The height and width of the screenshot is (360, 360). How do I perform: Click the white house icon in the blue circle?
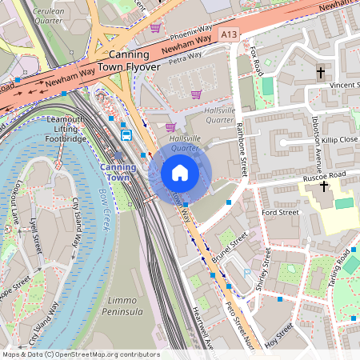pos(180,173)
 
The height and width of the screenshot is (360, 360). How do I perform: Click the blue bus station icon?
pos(126,134)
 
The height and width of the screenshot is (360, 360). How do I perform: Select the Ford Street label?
pos(280,213)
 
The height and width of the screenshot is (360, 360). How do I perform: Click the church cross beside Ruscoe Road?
pos(323,186)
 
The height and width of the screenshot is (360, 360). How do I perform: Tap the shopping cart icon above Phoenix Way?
pos(155,27)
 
